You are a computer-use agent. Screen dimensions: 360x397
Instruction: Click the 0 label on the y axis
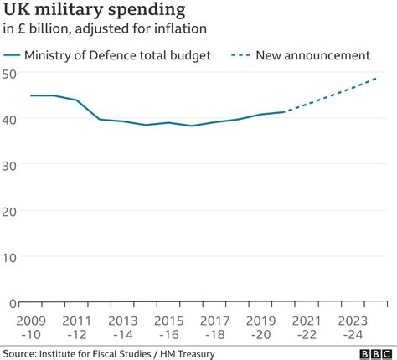(x=13, y=302)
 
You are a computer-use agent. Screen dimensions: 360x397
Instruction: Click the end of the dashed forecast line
(x=378, y=78)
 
